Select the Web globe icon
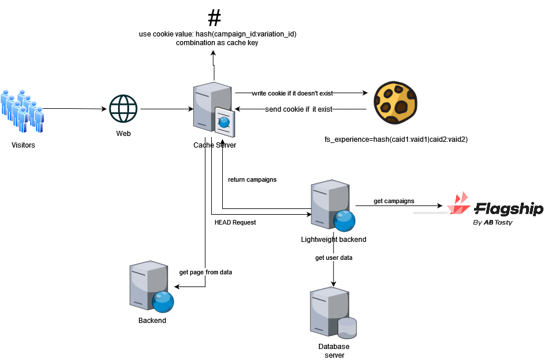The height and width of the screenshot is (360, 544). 124,109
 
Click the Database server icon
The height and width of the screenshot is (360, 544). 333,313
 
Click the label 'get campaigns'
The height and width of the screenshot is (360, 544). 394,201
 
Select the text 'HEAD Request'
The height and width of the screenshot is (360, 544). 235,222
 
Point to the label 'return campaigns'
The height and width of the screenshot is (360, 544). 252,179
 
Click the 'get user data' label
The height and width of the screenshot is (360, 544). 333,258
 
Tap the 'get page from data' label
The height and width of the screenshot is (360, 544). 205,271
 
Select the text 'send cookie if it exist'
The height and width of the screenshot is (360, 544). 299,109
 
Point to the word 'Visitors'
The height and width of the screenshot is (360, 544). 23,145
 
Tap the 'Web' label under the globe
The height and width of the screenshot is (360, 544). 124,134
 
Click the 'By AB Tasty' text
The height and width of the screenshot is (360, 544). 492,223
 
